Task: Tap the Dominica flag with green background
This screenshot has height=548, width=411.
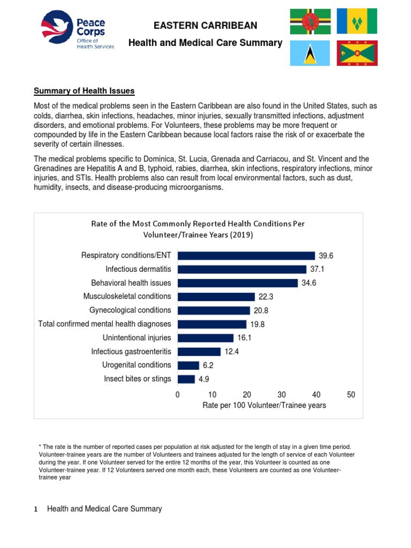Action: coord(310,21)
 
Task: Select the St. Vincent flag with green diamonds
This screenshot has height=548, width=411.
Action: coord(357,21)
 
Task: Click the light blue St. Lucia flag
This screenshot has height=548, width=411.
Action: coord(310,52)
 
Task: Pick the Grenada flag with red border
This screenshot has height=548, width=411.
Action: coord(357,52)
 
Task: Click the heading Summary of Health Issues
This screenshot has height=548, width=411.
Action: coord(84,90)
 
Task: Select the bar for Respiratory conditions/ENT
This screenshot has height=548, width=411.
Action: coord(246,256)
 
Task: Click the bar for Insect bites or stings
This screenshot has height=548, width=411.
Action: coord(186,379)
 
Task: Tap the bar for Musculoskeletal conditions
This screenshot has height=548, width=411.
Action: coord(216,296)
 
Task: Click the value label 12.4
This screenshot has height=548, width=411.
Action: coord(232,352)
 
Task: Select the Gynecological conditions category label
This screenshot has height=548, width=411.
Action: coord(130,310)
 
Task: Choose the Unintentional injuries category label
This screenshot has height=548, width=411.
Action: coord(137,338)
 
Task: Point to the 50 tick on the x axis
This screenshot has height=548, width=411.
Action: coord(351,394)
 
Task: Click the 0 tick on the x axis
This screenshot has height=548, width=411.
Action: coord(178,394)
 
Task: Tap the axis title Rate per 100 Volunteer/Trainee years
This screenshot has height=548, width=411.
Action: coord(264,406)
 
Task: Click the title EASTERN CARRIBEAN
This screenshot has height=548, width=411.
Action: coord(205,26)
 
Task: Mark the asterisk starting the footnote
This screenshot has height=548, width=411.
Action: coord(40,446)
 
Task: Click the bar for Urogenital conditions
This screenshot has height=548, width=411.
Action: coord(188,365)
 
